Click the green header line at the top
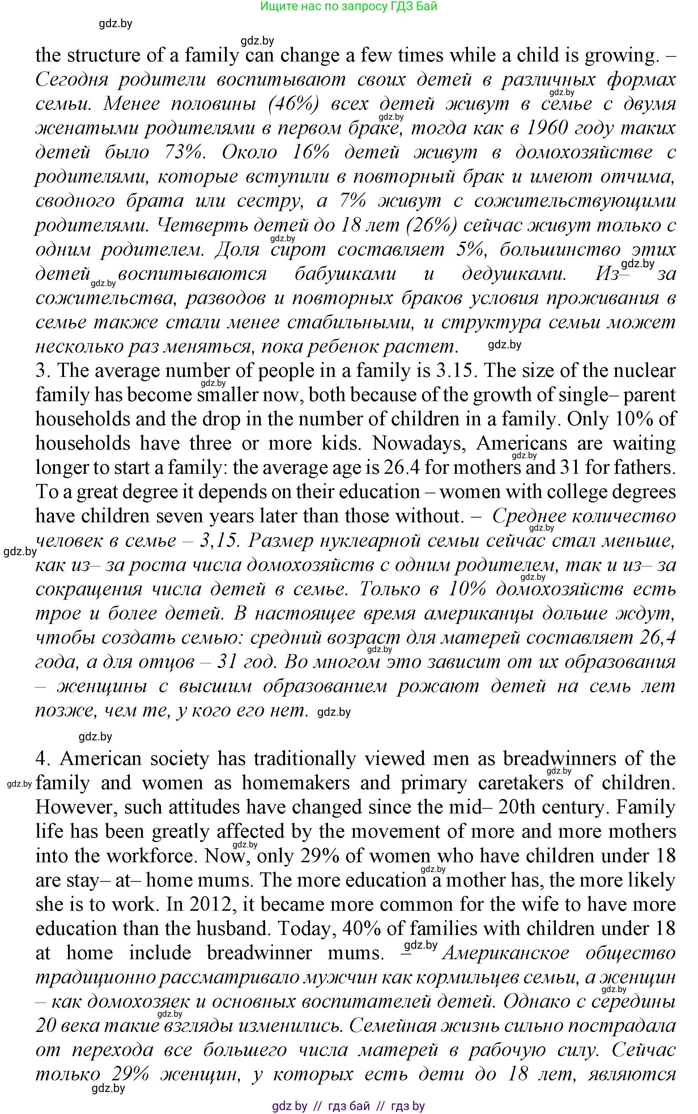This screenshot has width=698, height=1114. pyautogui.click(x=349, y=7)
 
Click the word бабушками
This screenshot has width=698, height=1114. pyautogui.click(x=345, y=274)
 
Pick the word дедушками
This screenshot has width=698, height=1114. pyautogui.click(x=514, y=274)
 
